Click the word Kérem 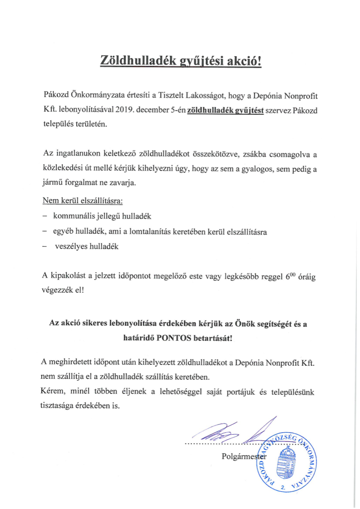[x=51, y=391]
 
